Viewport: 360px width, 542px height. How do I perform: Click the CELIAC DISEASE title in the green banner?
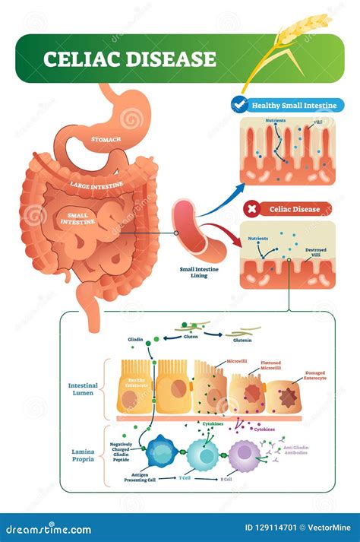(129, 59)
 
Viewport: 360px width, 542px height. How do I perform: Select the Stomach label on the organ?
(106, 139)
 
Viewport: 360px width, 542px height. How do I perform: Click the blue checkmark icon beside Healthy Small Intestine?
(239, 106)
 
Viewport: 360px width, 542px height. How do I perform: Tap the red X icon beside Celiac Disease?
(250, 207)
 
